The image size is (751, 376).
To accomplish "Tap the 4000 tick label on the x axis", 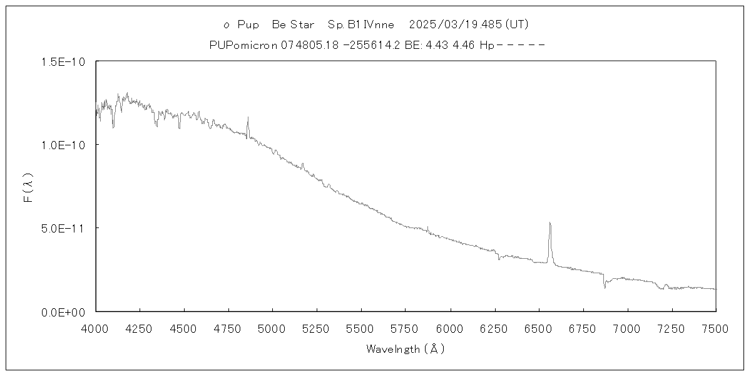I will [x=95, y=328].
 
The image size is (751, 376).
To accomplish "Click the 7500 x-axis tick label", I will [x=715, y=328].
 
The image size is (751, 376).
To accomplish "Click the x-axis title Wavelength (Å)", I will [x=406, y=349].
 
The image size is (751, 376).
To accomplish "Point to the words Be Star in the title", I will [x=293, y=25].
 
